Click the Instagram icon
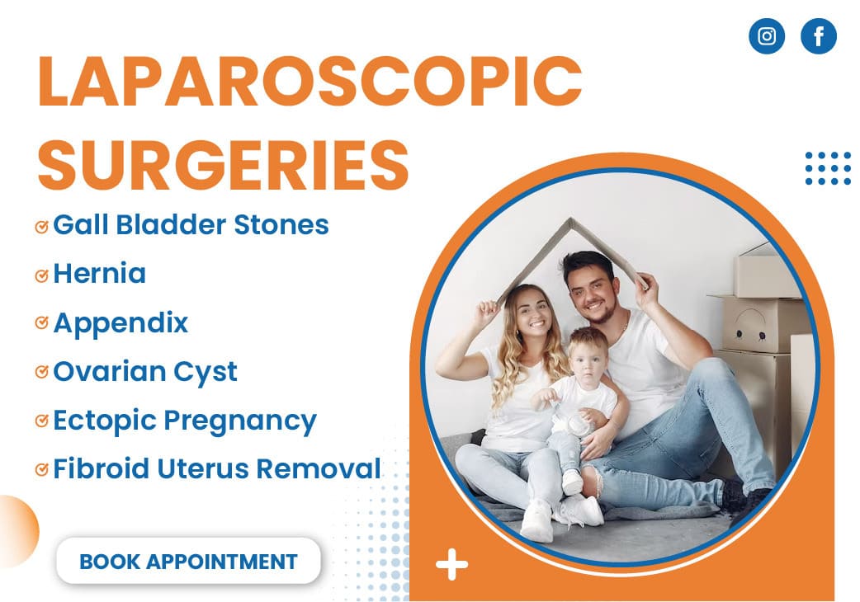pyautogui.click(x=766, y=36)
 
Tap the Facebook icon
pyautogui.click(x=818, y=36)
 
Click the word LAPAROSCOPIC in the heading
pyautogui.click(x=310, y=81)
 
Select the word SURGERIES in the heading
pyautogui.click(x=223, y=164)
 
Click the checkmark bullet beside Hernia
pyautogui.click(x=42, y=275)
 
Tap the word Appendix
pyautogui.click(x=120, y=322)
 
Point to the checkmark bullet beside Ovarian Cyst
pyautogui.click(x=42, y=372)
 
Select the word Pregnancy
pyautogui.click(x=240, y=421)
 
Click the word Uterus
pyautogui.click(x=203, y=469)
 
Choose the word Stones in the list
pyautogui.click(x=281, y=224)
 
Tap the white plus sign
pyautogui.click(x=452, y=564)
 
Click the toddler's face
pyautogui.click(x=588, y=361)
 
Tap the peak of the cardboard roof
pyautogui.click(x=570, y=220)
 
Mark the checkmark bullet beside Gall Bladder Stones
pyautogui.click(x=42, y=227)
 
